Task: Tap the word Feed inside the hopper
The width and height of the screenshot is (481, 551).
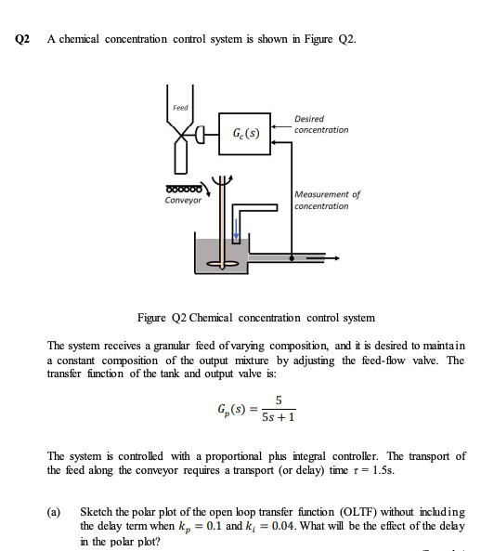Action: tap(180, 107)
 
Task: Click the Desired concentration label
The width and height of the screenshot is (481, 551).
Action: tap(320, 124)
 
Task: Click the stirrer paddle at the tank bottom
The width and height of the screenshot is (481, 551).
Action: tap(223, 263)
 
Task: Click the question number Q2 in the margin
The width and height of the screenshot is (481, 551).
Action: tap(23, 39)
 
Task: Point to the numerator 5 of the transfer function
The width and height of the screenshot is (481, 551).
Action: tap(278, 400)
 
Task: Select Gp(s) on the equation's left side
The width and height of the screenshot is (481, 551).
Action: tap(228, 409)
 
